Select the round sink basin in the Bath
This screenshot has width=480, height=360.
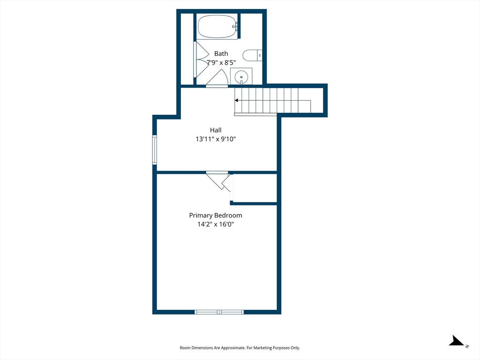(241, 75)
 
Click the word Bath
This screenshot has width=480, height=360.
(221, 53)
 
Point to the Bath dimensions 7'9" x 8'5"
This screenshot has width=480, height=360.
(221, 62)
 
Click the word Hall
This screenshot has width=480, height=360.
(216, 130)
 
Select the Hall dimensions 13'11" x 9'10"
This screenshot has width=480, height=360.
(216, 139)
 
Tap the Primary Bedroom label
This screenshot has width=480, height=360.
(216, 215)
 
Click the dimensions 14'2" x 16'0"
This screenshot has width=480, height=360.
(216, 224)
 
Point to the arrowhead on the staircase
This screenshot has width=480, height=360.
(236, 100)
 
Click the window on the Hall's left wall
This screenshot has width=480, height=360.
(155, 150)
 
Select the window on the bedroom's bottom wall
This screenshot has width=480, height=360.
(219, 312)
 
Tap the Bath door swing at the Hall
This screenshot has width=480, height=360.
(217, 79)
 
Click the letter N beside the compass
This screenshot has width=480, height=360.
(467, 346)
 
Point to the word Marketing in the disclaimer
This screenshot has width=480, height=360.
(262, 348)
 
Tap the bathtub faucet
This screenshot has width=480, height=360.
(235, 27)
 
